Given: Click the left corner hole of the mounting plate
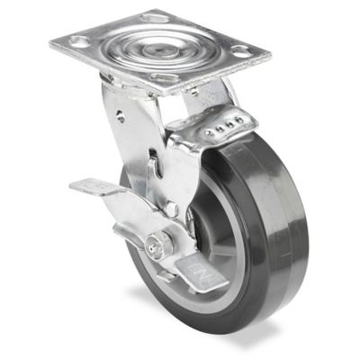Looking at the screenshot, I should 79,41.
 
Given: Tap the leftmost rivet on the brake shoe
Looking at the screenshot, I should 210,132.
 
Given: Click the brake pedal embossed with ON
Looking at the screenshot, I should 200,271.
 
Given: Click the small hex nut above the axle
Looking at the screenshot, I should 171,209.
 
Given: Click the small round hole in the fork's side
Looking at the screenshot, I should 121,114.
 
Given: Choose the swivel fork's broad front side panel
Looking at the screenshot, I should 135,144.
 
